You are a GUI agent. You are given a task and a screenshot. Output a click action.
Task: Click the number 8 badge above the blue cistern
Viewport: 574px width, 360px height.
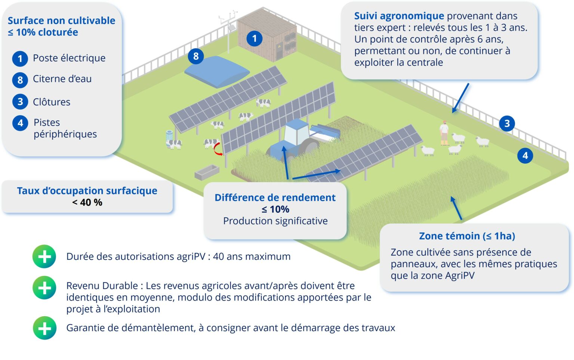point(196,56)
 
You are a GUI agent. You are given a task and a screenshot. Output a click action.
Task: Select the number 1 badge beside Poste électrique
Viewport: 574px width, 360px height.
point(20,59)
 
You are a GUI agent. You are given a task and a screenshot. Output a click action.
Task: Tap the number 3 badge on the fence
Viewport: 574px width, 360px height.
point(507,123)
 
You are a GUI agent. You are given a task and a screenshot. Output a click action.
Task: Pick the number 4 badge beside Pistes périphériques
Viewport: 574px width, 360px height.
point(20,123)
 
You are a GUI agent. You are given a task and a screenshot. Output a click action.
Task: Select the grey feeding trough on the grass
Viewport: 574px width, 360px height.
point(207,172)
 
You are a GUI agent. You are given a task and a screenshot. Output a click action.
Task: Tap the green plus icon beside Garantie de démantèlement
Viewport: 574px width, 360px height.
point(44,328)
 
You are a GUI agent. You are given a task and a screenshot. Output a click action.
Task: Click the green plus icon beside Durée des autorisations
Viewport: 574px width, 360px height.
point(44,257)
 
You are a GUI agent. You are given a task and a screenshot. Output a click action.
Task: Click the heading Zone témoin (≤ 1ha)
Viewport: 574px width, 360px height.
point(467,236)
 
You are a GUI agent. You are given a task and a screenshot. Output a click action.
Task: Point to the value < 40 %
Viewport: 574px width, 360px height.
point(87,203)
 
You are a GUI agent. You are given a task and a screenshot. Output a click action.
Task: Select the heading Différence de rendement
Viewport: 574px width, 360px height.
point(275,198)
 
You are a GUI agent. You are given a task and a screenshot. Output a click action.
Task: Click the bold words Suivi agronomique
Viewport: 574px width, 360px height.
point(399,16)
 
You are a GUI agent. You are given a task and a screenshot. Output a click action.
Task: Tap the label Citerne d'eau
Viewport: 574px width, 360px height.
point(62,79)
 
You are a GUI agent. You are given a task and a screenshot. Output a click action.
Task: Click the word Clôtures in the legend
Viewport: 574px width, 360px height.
point(52,102)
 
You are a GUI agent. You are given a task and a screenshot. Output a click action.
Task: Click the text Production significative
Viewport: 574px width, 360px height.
point(275,221)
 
